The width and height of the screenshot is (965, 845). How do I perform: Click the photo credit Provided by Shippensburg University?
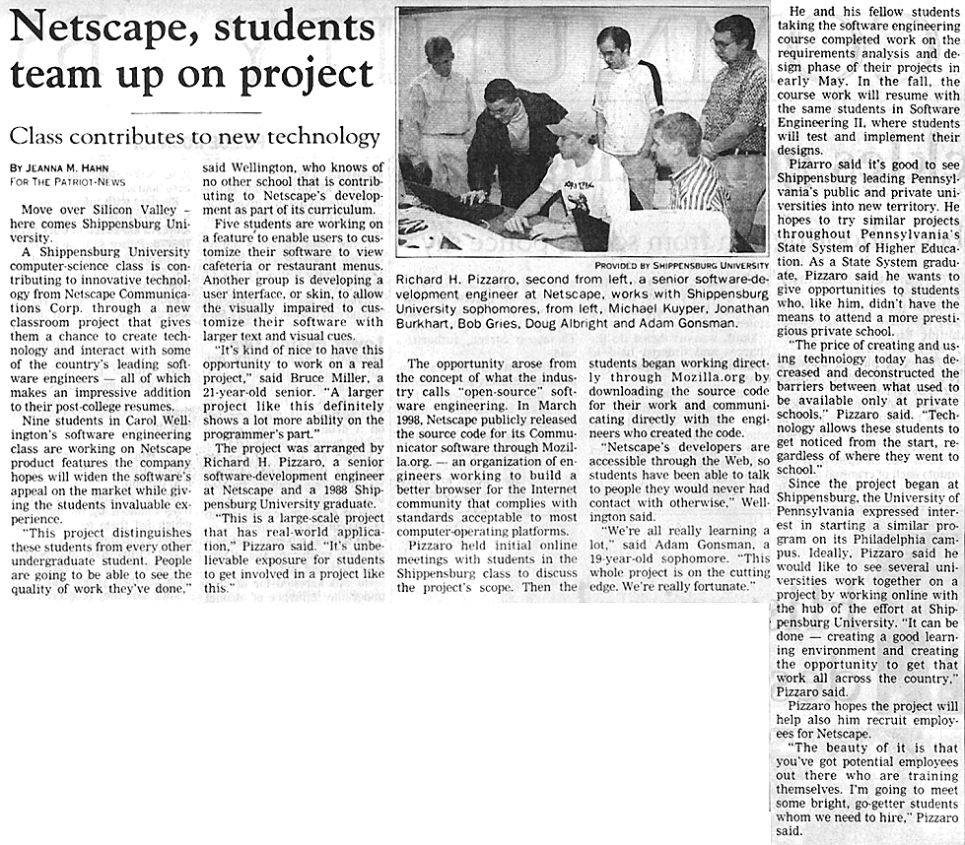tap(681, 265)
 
